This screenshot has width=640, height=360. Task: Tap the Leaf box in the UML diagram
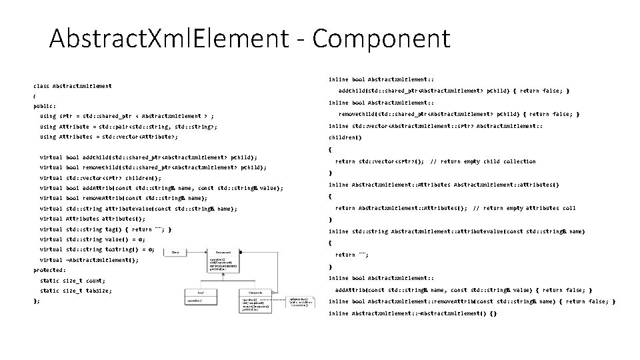199,296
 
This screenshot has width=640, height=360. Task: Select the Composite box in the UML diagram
255,297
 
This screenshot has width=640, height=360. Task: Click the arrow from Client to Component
197,252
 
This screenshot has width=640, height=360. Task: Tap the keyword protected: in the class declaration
50,270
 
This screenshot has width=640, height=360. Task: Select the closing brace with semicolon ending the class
36,301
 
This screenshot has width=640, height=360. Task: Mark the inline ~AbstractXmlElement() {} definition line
413,313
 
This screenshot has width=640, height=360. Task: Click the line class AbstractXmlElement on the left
73,85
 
